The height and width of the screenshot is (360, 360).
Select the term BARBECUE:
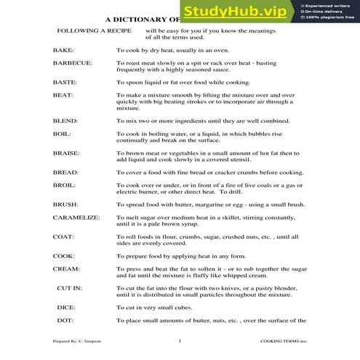click(72, 63)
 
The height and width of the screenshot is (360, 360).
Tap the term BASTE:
click(65, 82)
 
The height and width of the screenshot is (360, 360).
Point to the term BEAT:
click(63, 95)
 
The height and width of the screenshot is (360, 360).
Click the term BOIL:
click(62, 134)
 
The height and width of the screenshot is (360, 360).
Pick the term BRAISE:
click(66, 153)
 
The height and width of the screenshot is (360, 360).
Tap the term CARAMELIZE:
click(76, 218)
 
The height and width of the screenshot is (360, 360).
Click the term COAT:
click(63, 237)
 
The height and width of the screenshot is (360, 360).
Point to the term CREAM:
click(65, 269)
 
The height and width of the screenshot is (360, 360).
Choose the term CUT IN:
click(69, 288)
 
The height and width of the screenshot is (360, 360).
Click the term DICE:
click(65, 308)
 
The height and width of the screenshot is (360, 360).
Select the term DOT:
click(65, 320)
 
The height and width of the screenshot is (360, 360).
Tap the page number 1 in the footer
click(179, 340)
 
